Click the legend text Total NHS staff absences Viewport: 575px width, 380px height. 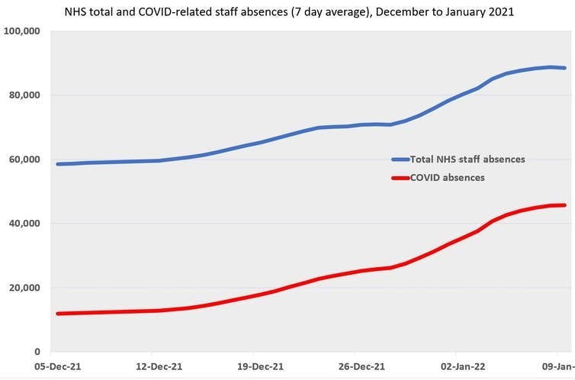click(x=467, y=159)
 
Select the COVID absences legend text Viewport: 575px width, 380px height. click(x=448, y=177)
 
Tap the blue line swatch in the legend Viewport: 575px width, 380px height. click(x=400, y=159)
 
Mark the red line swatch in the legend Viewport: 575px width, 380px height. click(x=400, y=178)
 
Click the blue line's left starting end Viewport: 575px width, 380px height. click(x=58, y=164)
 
